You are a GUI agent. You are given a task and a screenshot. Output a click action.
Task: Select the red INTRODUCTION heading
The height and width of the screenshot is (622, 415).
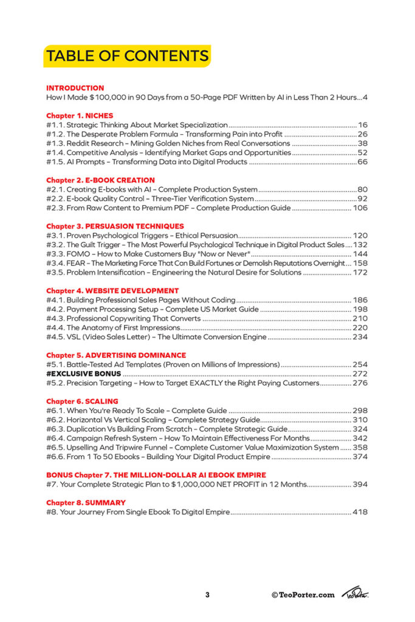point(75,87)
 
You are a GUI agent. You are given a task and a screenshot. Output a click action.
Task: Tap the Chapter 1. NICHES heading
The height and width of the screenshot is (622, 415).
point(80,115)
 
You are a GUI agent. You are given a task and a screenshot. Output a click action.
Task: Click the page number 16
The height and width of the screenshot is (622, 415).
point(363,125)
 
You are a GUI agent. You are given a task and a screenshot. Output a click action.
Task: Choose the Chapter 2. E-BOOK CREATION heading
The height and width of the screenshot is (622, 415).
point(100,180)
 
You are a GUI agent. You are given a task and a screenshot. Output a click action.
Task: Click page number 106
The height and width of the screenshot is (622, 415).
point(360,208)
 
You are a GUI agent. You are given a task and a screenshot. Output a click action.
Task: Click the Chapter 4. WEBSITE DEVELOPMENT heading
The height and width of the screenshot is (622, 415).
point(112,290)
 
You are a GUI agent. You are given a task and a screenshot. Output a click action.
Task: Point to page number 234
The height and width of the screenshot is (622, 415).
point(360,337)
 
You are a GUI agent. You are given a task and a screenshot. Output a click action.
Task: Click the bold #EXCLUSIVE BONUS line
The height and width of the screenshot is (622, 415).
point(84,374)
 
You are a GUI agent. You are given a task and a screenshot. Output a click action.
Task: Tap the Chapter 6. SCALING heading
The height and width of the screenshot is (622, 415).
point(82,401)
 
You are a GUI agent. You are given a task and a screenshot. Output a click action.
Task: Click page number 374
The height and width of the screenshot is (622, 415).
point(360,457)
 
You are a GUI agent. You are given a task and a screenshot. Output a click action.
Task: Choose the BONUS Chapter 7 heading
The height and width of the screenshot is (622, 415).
point(156,474)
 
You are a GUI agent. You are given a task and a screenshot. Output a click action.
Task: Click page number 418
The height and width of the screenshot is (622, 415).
point(360,512)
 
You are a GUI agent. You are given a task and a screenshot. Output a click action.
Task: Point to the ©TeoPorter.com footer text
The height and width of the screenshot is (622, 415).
point(303,595)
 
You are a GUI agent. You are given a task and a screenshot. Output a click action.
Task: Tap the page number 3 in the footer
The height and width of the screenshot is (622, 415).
point(207,595)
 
